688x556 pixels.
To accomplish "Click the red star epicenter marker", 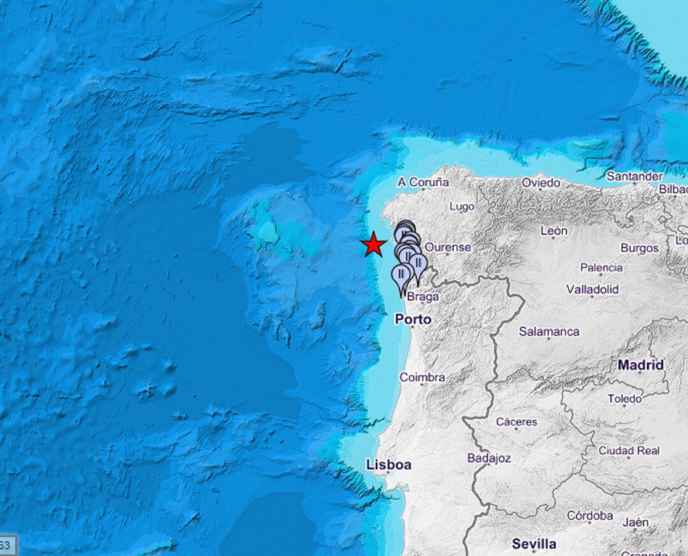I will point(373,245).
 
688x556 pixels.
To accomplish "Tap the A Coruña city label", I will point(423,183).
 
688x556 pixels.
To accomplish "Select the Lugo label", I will point(462,207).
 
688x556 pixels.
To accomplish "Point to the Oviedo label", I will point(541,183).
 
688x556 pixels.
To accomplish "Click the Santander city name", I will point(634,176).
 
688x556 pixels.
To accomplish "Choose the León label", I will point(554,231).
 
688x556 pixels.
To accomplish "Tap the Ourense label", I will point(448,247).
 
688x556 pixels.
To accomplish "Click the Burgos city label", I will point(640,248).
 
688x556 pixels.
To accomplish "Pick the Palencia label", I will point(601,267).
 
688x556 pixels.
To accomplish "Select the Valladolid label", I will point(592,290).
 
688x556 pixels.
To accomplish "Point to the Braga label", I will point(423,297).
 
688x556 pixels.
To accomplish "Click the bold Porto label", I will point(413,319).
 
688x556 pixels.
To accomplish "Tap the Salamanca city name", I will point(549,332).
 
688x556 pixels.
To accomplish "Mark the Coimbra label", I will point(422,378).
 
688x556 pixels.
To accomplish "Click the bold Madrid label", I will point(641,365).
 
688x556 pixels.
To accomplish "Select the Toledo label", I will point(624,399).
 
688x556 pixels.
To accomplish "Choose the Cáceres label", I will point(517,422).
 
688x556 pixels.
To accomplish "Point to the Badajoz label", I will point(489,458).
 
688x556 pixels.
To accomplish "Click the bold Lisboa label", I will point(389,466).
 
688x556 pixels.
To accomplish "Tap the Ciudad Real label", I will point(629,451).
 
